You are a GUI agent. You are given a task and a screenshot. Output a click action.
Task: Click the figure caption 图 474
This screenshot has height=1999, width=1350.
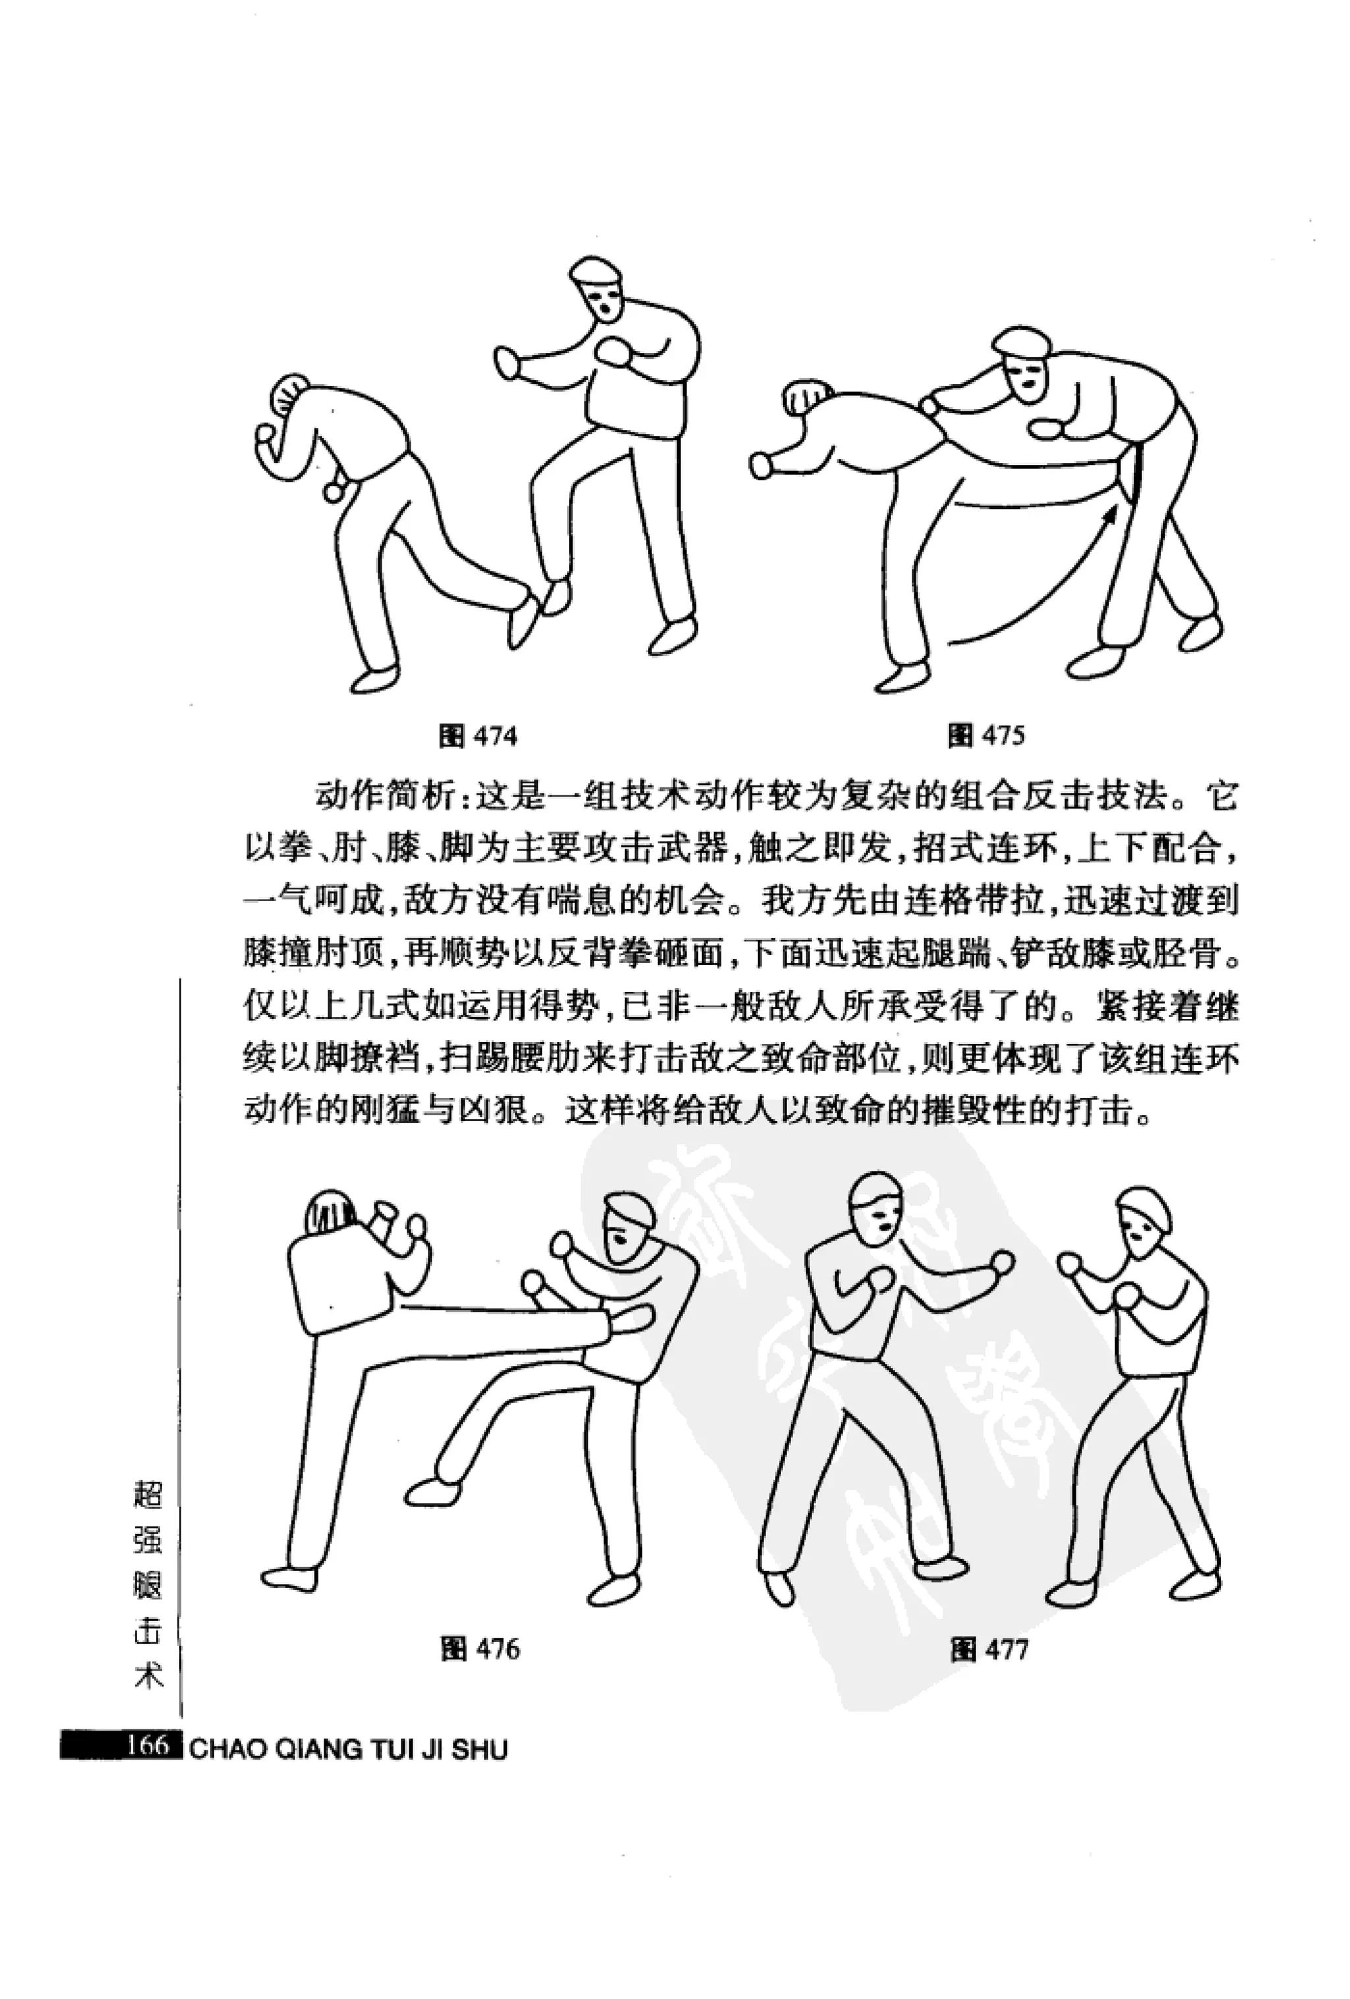click(478, 736)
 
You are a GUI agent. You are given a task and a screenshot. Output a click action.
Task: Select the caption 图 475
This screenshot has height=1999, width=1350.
click(986, 736)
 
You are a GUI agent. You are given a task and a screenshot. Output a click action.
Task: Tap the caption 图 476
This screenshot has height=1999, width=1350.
click(480, 1648)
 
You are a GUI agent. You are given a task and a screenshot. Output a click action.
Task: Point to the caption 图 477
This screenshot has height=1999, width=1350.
click(989, 1649)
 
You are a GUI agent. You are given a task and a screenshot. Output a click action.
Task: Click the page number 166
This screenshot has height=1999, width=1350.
click(147, 1747)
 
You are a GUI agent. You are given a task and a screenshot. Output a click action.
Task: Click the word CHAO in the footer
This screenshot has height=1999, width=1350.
click(222, 1750)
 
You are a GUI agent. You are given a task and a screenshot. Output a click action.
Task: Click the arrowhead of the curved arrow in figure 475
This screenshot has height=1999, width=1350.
click(1113, 514)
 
